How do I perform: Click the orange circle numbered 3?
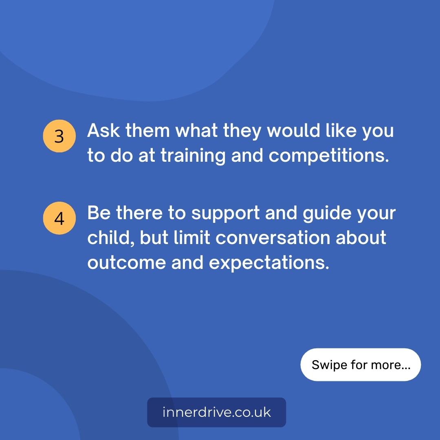59,136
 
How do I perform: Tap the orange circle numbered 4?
59,218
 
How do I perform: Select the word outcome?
126,263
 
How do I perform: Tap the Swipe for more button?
361,365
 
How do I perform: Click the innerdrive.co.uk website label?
216,412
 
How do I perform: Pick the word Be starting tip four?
98,213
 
